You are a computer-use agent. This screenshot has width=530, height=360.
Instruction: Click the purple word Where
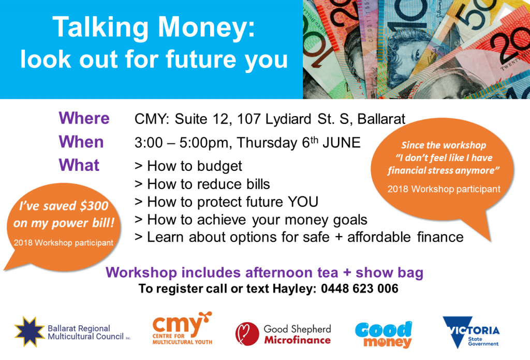(x=84, y=118)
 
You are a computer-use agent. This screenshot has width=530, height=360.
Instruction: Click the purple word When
(x=81, y=142)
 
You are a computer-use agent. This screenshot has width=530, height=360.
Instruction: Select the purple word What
(x=79, y=165)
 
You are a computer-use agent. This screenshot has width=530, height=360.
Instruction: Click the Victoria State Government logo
(x=471, y=332)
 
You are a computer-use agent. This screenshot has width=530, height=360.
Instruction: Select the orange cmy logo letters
(x=177, y=325)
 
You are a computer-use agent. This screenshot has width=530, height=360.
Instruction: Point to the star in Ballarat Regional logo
(x=29, y=331)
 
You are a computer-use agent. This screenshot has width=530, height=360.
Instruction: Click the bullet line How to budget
(x=188, y=166)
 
